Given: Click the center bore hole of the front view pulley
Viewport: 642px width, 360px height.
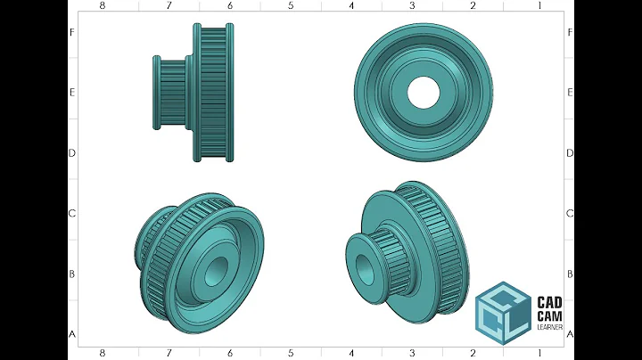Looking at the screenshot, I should coord(424,91).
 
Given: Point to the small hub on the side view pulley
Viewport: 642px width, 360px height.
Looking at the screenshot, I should coord(169,93).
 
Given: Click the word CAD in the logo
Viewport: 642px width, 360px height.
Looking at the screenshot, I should coord(548,302).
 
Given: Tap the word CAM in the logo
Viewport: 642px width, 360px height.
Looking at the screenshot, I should coord(548,315).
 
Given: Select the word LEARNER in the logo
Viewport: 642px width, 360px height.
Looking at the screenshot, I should coord(548,327).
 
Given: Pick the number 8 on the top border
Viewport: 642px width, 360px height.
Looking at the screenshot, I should coord(103,5).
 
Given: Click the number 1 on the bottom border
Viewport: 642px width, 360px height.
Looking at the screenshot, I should coord(539,354).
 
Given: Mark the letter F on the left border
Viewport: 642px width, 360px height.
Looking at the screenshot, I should coord(72,32).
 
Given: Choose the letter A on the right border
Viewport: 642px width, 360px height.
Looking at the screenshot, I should coord(569,334).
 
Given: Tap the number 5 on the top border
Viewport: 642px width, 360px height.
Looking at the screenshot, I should coord(291,5).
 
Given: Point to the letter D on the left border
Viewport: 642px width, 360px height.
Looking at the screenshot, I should coord(72,152).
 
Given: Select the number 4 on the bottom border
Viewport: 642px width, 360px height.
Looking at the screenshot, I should coord(351,354).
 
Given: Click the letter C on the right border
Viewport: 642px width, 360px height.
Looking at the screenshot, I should coord(569,214).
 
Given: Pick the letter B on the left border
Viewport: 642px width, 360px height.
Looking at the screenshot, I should coord(72,274).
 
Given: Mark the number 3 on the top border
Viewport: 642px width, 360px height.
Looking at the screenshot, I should coord(412,5).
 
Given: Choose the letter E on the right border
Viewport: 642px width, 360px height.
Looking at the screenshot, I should coord(569,92).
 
